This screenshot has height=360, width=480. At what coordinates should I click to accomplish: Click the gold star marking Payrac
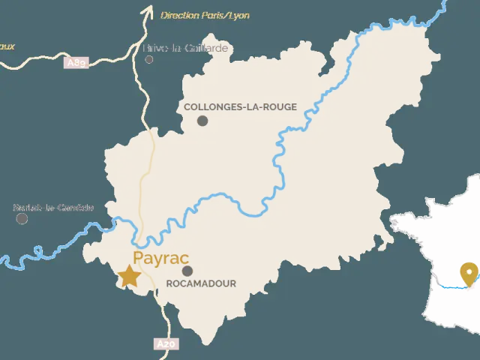point(130,276)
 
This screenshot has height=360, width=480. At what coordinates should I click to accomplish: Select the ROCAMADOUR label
point(200,283)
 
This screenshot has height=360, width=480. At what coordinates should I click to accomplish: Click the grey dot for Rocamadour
point(187,271)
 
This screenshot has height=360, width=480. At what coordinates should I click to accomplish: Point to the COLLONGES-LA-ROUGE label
point(240,107)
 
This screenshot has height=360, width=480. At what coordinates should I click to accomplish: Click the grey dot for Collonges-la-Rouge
point(202,120)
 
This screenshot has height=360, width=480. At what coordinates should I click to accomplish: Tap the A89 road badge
point(77,63)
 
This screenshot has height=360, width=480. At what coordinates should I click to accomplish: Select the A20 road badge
point(166,344)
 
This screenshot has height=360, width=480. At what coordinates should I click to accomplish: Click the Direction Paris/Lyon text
point(205,15)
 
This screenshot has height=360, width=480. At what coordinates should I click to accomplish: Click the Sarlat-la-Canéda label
point(54,207)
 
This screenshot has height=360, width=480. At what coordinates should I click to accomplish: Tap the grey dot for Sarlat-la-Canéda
point(22,218)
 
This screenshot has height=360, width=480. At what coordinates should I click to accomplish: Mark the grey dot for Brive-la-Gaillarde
point(149,58)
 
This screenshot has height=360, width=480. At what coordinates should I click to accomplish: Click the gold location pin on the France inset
point(470,274)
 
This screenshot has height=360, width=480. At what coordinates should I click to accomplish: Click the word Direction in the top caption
point(178,15)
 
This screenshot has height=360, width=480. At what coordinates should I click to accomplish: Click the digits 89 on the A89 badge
point(80,63)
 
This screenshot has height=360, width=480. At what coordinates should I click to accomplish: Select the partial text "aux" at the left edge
point(7,46)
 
